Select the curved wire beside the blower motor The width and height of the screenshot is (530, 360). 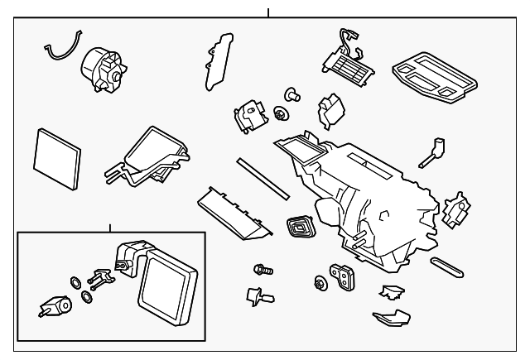(x=63, y=48)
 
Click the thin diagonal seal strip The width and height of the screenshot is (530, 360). (x=262, y=178)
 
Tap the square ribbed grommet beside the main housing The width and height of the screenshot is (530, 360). (x=300, y=226)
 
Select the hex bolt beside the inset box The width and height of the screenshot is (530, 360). (x=263, y=269)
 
